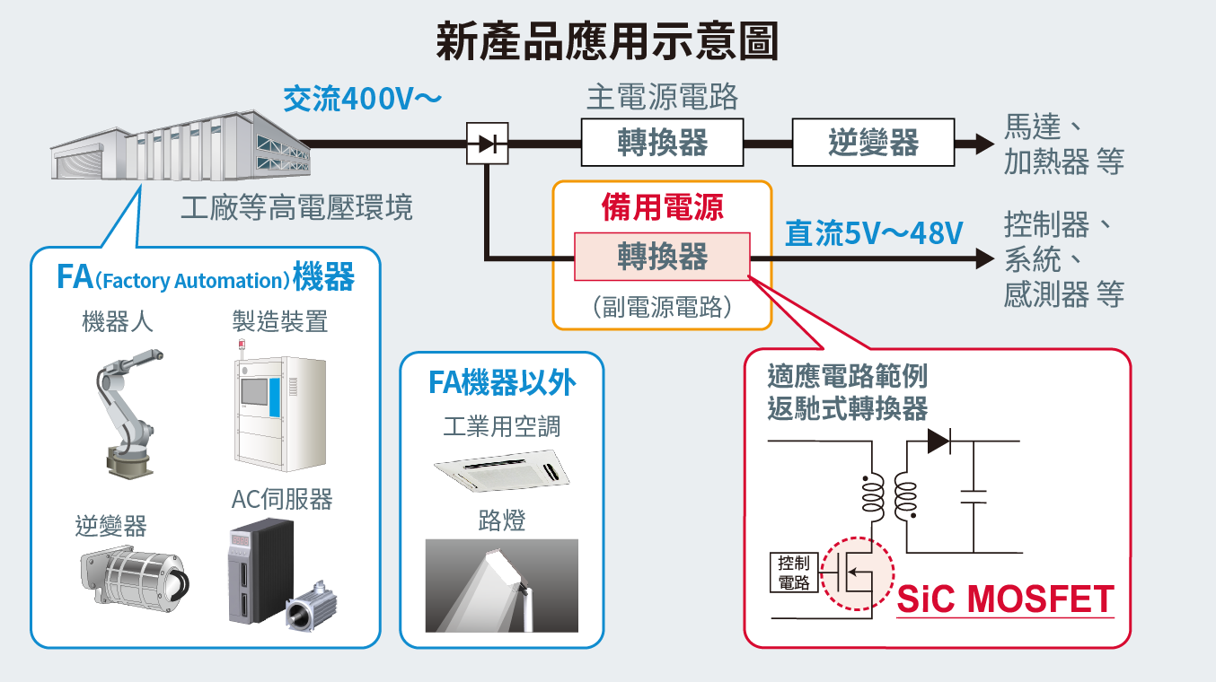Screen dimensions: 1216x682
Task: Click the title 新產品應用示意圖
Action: point(607,41)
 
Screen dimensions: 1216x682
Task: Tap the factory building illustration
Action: point(181,145)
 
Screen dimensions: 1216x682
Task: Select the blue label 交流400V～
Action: point(362,98)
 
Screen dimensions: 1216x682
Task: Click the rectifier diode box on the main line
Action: point(488,144)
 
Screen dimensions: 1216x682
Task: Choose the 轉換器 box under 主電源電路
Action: point(662,142)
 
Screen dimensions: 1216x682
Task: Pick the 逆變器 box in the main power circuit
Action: point(874,142)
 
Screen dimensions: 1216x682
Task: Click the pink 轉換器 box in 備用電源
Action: point(662,257)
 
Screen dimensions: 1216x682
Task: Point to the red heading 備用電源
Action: point(662,207)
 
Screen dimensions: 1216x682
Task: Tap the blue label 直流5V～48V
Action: point(874,233)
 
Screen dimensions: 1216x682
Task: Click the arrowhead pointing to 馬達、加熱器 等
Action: point(984,144)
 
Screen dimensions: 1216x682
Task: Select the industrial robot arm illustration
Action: point(129,414)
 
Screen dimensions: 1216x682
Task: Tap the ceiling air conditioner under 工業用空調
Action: point(502,470)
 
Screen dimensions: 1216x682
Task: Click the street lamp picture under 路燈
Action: point(502,585)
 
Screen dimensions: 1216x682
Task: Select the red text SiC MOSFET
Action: point(1005,599)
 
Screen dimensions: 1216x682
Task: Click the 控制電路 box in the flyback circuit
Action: point(794,573)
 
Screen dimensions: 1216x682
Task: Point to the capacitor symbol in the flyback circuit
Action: point(974,496)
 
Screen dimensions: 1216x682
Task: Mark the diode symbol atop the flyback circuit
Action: point(938,441)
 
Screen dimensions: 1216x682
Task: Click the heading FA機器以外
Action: point(502,382)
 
